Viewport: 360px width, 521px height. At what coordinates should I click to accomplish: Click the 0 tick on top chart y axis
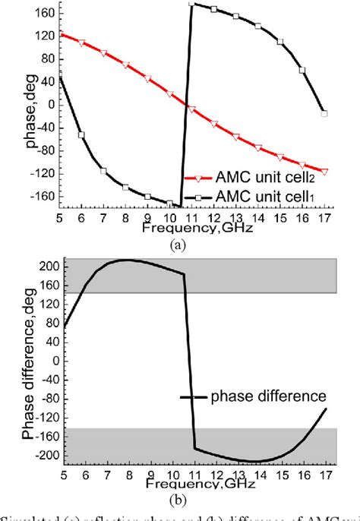(x=52, y=103)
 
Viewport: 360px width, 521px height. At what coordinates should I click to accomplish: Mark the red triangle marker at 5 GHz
(x=61, y=34)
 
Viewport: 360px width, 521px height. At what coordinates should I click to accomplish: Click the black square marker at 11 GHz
(x=192, y=5)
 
